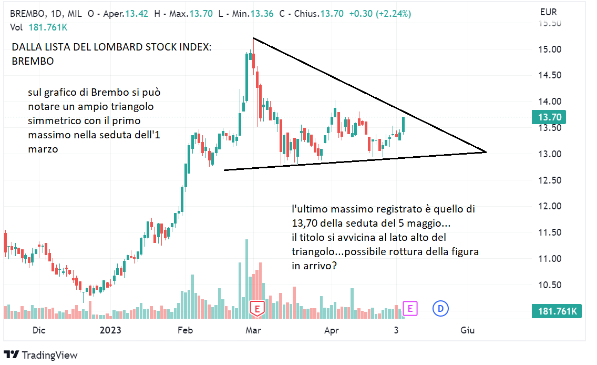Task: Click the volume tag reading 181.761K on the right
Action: point(558,312)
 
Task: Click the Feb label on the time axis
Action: point(186,330)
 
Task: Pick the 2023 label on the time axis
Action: point(111,330)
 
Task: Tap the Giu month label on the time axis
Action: point(467,330)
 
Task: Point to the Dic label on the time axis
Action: point(39,330)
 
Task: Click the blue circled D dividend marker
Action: point(440,308)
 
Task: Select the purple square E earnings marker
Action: point(410,308)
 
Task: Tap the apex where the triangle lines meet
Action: point(486,152)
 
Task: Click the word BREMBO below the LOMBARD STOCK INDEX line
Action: point(33,62)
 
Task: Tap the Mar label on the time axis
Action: point(254,330)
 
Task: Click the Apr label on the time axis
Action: point(331,330)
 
